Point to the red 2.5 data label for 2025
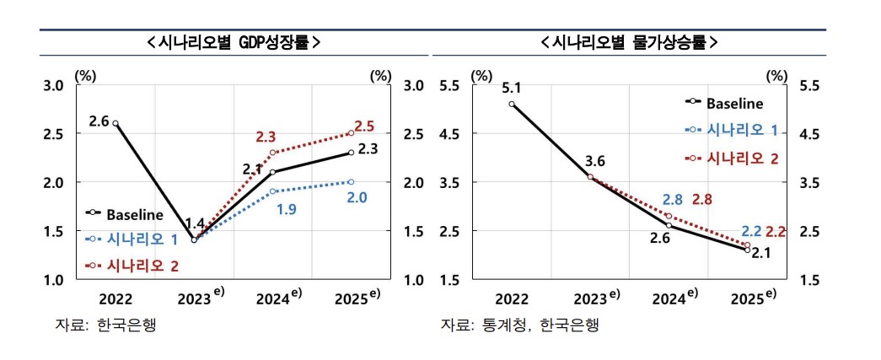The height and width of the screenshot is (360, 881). pyautogui.click(x=364, y=126)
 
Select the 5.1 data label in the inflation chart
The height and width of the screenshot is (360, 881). pyautogui.click(x=511, y=88)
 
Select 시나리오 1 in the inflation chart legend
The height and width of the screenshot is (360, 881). pyautogui.click(x=739, y=131)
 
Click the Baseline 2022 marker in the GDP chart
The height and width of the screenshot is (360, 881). pyautogui.click(x=115, y=124)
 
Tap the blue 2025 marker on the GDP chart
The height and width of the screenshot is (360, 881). pyautogui.click(x=351, y=182)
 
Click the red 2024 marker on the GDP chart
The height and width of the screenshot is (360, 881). pyautogui.click(x=273, y=153)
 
